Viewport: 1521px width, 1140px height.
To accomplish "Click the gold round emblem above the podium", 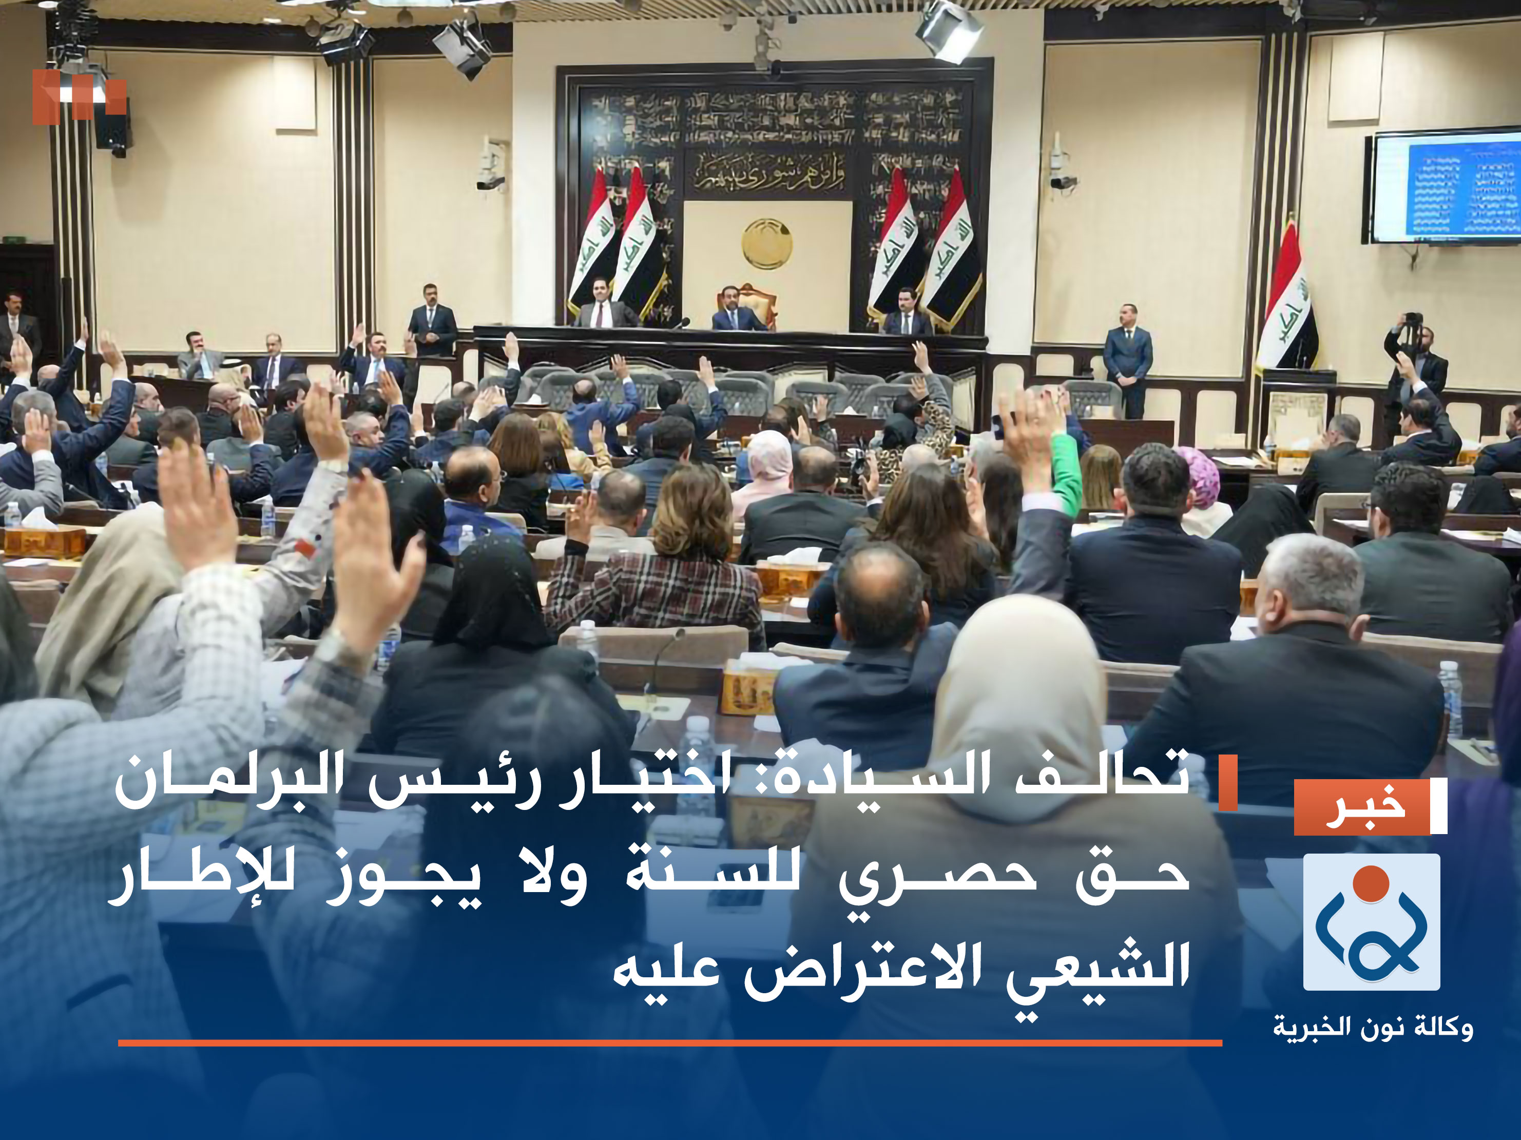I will coord(767,243).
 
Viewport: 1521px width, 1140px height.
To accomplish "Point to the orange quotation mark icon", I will coord(79,96).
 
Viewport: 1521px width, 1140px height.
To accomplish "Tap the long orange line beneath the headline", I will coord(670,1043).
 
